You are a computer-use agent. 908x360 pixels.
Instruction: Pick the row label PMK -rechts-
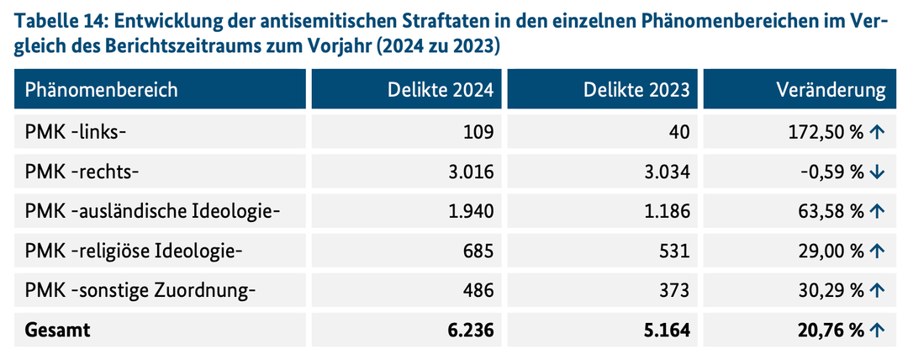pos(82,172)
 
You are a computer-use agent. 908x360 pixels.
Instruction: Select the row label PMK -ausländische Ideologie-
pos(152,211)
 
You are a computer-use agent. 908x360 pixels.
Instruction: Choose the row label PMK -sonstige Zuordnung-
pos(140,290)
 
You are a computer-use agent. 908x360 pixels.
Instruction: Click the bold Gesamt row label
pos(58,331)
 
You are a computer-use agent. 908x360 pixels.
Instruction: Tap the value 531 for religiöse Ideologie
pos(673,251)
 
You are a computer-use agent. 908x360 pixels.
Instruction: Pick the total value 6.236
pos(471,331)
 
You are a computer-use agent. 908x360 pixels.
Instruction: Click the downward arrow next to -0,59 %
pos(877,172)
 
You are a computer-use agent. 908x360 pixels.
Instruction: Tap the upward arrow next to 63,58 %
pos(877,211)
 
